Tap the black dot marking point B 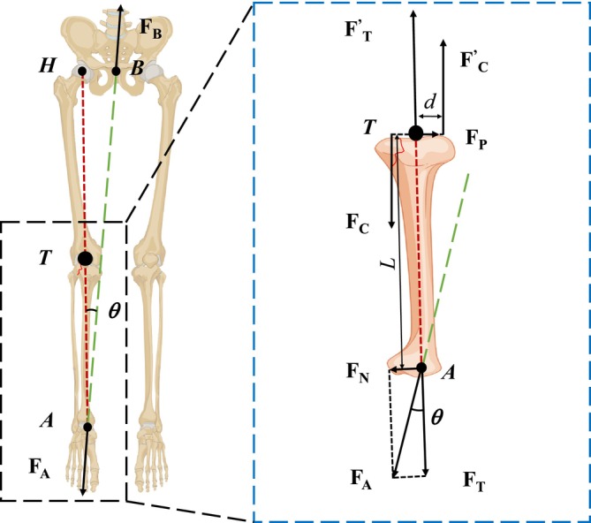tap(116, 71)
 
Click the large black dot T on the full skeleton tap(85, 258)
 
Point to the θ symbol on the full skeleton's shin tap(115, 312)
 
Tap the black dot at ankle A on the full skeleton tap(87, 427)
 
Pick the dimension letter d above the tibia tap(430, 103)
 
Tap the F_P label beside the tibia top tap(478, 139)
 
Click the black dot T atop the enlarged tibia tap(414, 133)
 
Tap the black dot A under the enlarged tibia tap(421, 368)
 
